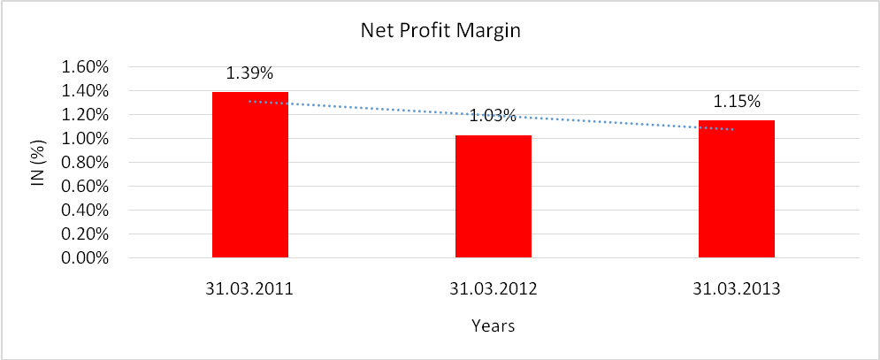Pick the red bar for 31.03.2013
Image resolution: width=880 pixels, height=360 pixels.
pyautogui.click(x=737, y=189)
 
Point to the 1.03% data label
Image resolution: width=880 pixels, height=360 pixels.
pyautogui.click(x=493, y=116)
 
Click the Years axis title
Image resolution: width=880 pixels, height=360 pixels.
pyautogui.click(x=493, y=326)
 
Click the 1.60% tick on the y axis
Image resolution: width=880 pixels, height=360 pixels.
pyautogui.click(x=85, y=67)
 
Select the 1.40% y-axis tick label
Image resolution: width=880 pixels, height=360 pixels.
pyautogui.click(x=85, y=91)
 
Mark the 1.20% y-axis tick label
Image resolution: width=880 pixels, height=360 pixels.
pyautogui.click(x=85, y=115)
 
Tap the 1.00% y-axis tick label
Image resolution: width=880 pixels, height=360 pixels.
pyautogui.click(x=85, y=139)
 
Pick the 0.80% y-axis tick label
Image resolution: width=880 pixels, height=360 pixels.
pyautogui.click(x=85, y=163)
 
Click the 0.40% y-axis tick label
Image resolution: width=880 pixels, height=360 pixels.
pyautogui.click(x=85, y=211)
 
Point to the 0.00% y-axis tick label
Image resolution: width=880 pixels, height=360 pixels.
pyautogui.click(x=85, y=259)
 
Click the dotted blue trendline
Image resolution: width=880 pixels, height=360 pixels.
pyautogui.click(x=371, y=107)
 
